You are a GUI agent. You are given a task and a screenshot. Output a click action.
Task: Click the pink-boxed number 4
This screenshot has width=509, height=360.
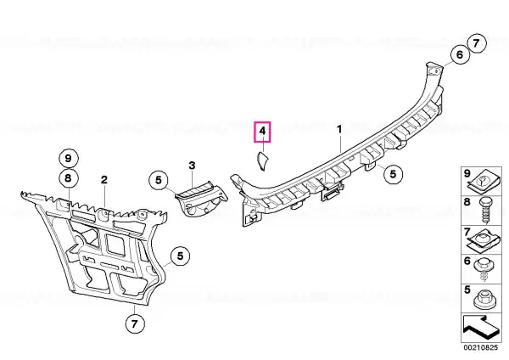(262, 132)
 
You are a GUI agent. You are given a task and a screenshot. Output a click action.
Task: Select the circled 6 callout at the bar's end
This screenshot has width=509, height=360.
(459, 54)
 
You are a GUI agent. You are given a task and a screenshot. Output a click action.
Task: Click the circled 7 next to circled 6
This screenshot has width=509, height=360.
(476, 43)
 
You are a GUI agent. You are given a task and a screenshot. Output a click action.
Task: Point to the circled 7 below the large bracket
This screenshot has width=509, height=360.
(134, 323)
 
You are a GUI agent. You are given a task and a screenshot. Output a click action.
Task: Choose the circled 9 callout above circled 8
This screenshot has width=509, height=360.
(68, 158)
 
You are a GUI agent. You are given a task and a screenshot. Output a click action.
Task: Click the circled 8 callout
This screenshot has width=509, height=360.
(68, 178)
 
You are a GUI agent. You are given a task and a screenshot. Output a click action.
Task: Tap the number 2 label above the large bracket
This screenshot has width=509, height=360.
(103, 179)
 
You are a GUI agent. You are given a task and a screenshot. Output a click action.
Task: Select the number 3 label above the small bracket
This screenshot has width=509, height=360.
(193, 166)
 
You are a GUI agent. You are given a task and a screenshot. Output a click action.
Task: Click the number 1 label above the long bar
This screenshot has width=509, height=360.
(339, 130)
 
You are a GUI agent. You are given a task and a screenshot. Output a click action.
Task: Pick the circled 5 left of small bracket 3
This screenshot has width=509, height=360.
(159, 180)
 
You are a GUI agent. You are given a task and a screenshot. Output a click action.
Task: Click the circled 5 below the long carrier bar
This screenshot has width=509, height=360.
(393, 174)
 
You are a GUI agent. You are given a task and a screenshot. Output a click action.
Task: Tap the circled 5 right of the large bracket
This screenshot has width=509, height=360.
(180, 256)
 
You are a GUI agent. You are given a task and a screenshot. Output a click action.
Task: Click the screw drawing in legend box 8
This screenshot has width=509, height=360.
(485, 211)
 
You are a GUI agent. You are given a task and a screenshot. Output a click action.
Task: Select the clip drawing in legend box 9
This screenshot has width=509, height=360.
(481, 184)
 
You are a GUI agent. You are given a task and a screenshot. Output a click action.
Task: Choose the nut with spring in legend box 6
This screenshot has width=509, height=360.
(483, 268)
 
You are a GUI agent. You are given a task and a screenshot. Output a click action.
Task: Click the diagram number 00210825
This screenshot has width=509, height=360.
(480, 347)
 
